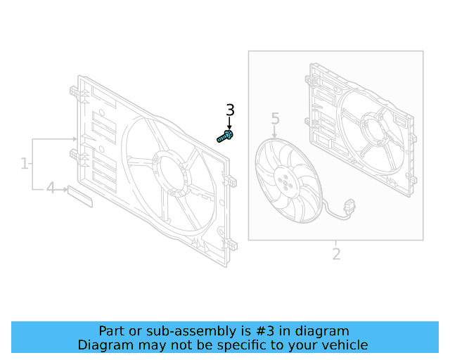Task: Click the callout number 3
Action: pos(230,110)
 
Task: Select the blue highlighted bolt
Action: pos(226,136)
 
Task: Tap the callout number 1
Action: pos(25,164)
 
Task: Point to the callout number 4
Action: pos(50,188)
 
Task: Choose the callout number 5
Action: pos(275,119)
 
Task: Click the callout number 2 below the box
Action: pos(336,254)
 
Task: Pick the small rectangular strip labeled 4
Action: pos(80,197)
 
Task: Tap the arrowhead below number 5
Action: pos(275,133)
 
